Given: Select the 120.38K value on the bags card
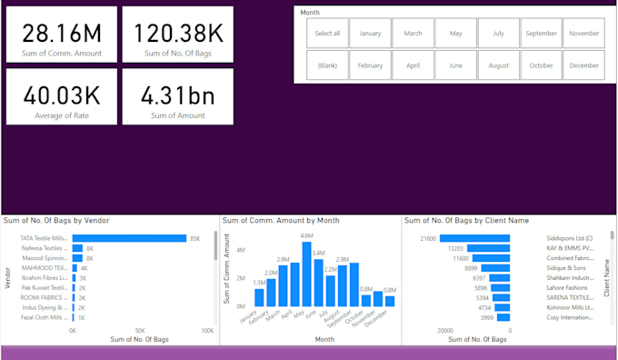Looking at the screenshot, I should [x=178, y=33].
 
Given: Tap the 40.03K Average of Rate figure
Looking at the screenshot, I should [x=62, y=95].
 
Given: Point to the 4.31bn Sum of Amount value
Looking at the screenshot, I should [x=178, y=95].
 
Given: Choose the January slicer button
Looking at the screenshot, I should [x=370, y=34].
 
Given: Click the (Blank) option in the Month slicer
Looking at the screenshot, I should [x=327, y=65].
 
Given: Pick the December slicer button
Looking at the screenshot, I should [x=583, y=65].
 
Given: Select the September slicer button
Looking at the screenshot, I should [x=541, y=34].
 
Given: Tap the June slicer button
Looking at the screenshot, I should [x=455, y=65].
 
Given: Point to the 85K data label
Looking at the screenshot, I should [x=194, y=238].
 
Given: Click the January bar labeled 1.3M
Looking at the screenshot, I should [x=259, y=294].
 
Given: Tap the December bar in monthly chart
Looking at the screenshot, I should [x=390, y=301].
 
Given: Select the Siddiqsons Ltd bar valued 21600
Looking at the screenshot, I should [x=466, y=238].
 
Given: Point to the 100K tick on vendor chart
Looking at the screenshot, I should [x=207, y=331].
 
